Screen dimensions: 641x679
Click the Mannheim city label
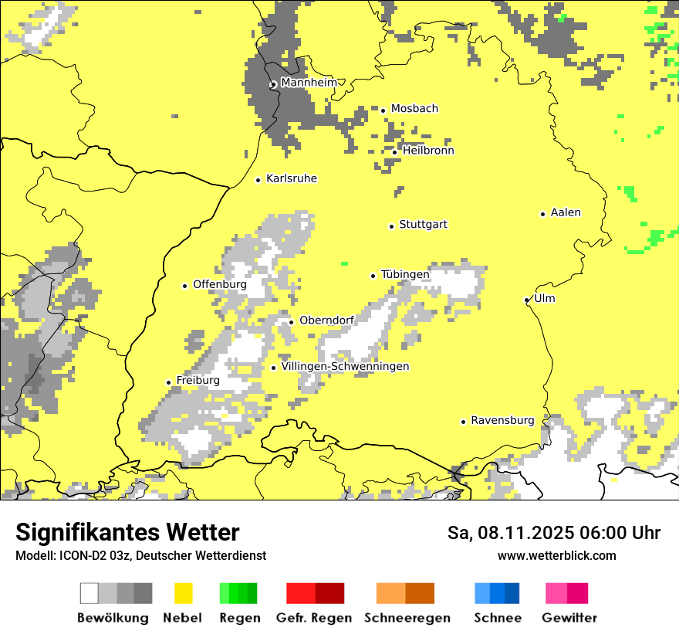tap(309, 83)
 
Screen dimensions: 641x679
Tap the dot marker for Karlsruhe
tap(258, 180)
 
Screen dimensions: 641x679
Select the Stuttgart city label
tap(423, 225)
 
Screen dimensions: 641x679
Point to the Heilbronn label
tap(427, 151)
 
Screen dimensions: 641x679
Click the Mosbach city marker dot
tap(383, 110)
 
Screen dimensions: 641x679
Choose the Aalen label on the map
tap(566, 212)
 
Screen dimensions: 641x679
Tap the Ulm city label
tap(545, 298)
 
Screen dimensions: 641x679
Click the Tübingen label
tap(405, 274)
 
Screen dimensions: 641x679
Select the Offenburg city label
tap(219, 284)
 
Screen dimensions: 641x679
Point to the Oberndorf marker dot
tap(291, 322)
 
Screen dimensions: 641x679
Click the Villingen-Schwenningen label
tap(345, 366)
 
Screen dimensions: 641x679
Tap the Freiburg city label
tap(198, 380)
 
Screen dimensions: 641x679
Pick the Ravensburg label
tap(502, 420)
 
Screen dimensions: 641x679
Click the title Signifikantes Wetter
tap(127, 532)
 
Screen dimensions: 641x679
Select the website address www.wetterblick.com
tap(556, 555)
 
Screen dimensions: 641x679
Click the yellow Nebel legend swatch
tap(184, 593)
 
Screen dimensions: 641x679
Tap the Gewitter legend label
tap(569, 618)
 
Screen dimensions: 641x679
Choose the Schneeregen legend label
tap(407, 618)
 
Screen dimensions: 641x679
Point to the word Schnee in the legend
tap(497, 618)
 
